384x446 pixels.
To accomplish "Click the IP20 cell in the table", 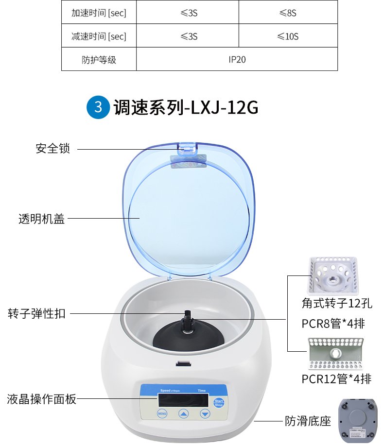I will (237, 60).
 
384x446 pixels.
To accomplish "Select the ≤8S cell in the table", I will (288, 13).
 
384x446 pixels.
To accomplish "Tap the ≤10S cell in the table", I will (288, 36).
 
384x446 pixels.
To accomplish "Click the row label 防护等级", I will (99, 60).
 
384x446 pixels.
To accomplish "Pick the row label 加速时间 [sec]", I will (99, 13).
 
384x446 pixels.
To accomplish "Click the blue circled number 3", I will (98, 106).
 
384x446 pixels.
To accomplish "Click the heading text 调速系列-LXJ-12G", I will (185, 107).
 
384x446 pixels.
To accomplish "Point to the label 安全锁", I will (53, 149).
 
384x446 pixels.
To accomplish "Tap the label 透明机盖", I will (41, 219).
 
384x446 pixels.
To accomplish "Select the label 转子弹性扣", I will (36, 313).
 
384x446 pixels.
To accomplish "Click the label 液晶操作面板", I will (42, 399).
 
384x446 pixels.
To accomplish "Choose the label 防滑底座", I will (307, 420).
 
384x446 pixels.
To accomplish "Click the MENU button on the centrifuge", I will (162, 414).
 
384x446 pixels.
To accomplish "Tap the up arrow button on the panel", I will (183, 414).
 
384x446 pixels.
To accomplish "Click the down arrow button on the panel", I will (205, 414).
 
